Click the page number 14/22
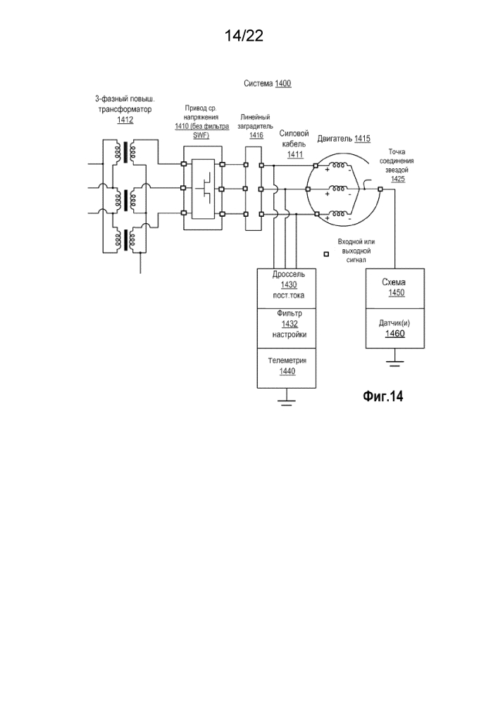click(244, 36)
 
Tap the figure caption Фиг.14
click(382, 396)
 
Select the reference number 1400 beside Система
click(282, 83)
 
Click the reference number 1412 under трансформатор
click(125, 120)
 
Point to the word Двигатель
click(335, 139)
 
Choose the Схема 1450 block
click(394, 287)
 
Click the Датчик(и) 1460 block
click(394, 328)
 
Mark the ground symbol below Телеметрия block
click(285, 401)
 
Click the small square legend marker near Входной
click(326, 254)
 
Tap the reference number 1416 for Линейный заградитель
click(256, 135)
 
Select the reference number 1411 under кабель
click(295, 155)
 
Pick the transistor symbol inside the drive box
click(204, 188)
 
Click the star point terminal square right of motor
click(380, 188)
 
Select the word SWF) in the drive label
click(201, 135)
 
